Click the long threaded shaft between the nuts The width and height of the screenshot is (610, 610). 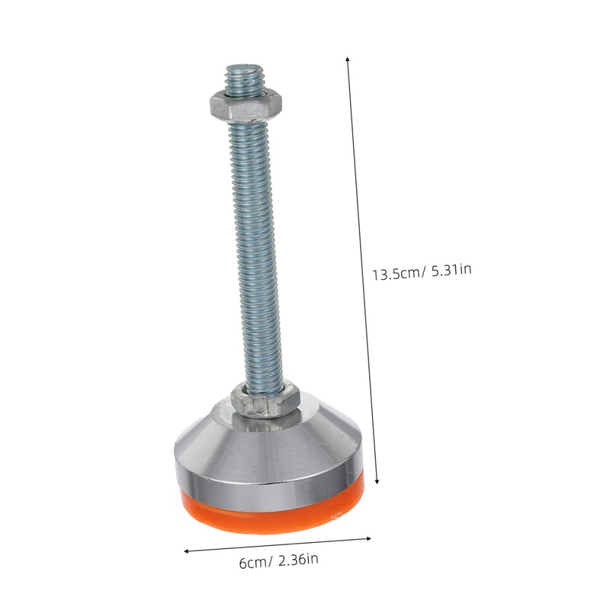point(255,251)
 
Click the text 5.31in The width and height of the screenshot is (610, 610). point(451,269)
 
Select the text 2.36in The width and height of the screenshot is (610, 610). point(298,560)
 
